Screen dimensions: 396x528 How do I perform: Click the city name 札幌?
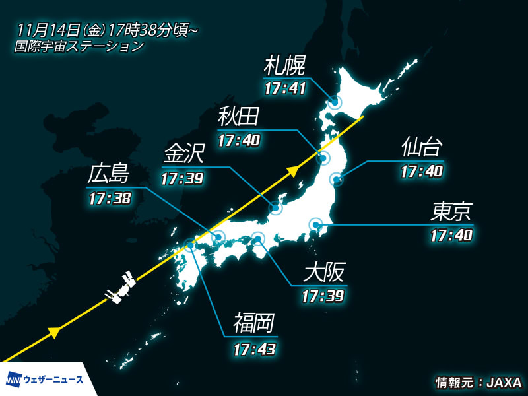click(284, 65)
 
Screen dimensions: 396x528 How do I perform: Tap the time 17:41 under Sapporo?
click(284, 88)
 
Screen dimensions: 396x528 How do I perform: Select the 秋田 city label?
click(238, 117)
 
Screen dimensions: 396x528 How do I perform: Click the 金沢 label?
click(183, 156)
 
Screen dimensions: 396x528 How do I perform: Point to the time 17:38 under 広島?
click(109, 198)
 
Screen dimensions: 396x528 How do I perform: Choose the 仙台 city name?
click(421, 148)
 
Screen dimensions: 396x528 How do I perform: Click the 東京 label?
click(451, 212)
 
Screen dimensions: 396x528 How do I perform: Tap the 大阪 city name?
click(323, 272)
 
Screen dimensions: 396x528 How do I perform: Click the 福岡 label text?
click(253, 323)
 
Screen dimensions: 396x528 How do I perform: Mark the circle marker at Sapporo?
click(335, 102)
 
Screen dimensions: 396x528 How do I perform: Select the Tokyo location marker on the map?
click(316, 226)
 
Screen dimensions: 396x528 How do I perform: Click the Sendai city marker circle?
click(336, 178)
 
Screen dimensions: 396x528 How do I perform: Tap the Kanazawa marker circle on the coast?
click(276, 208)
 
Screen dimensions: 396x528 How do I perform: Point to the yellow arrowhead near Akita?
click(292, 172)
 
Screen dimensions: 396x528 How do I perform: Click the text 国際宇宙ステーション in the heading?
click(79, 46)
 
